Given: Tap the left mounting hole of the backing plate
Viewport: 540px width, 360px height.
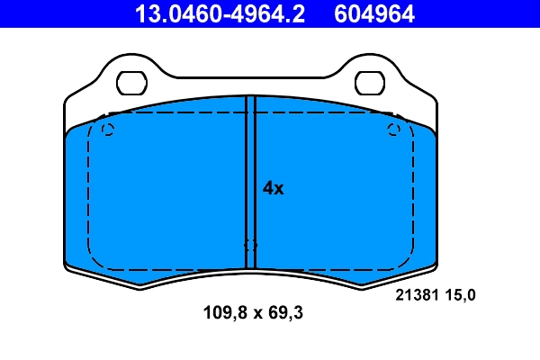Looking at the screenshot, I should click(132, 83).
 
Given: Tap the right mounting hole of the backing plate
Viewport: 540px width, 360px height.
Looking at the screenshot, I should click(370, 83).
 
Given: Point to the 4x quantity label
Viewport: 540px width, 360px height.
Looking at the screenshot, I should click(273, 188).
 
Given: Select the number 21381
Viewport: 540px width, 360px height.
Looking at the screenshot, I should click(417, 294).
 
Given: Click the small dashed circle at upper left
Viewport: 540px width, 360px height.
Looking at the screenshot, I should click(108, 130).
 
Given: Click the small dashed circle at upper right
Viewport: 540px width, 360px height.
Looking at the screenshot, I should click(393, 130).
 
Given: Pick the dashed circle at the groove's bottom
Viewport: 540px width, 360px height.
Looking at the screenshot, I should click(250, 245).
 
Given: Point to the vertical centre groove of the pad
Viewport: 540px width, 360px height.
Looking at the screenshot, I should click(251, 180).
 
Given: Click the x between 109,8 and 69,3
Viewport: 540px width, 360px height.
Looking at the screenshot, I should click(255, 314).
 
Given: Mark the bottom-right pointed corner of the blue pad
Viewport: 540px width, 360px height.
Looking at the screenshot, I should click(364, 287).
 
